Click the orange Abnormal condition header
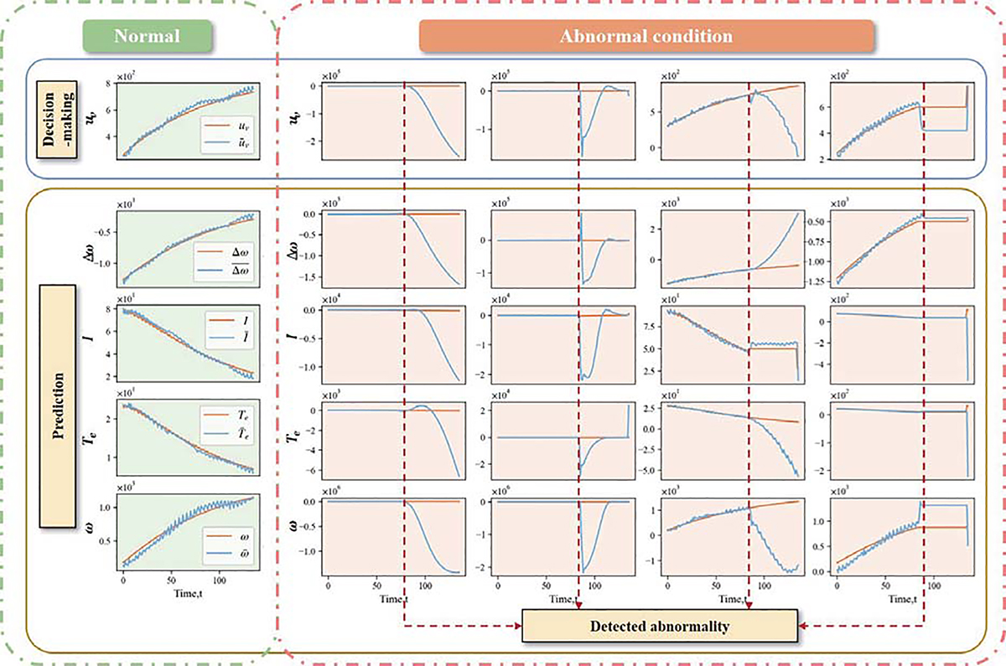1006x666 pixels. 646,37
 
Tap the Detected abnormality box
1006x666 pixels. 658,626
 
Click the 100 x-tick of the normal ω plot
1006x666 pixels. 219,580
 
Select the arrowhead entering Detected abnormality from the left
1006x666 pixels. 516,626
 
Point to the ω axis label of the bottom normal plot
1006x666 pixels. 95,529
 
